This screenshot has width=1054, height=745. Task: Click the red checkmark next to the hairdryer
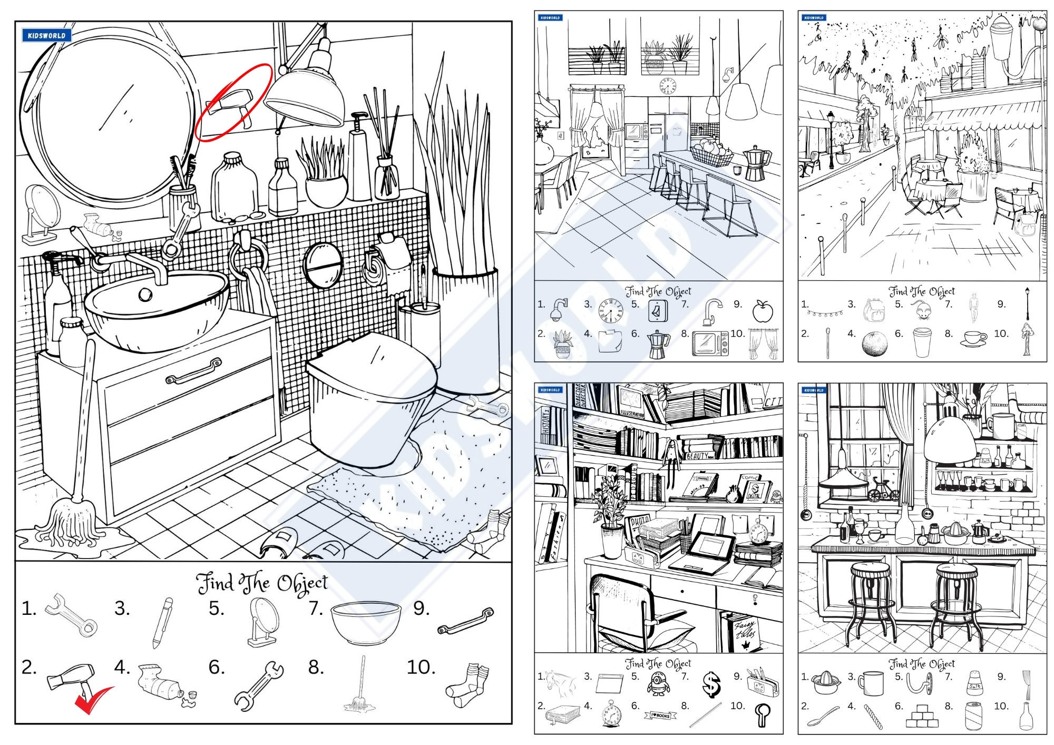point(93,699)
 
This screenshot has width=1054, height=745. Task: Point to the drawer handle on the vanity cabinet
point(193,371)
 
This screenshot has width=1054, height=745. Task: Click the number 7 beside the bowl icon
point(315,609)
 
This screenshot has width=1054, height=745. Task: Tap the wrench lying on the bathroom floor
point(488,406)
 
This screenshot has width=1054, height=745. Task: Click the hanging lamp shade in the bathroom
point(306,95)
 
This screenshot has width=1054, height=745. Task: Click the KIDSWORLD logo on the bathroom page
point(46,35)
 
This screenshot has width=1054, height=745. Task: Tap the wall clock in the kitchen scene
point(667,85)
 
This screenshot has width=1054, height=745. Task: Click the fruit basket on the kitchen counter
point(711,153)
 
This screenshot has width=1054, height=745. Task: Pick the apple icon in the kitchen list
point(762,311)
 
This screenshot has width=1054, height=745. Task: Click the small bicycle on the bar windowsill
point(884,489)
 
